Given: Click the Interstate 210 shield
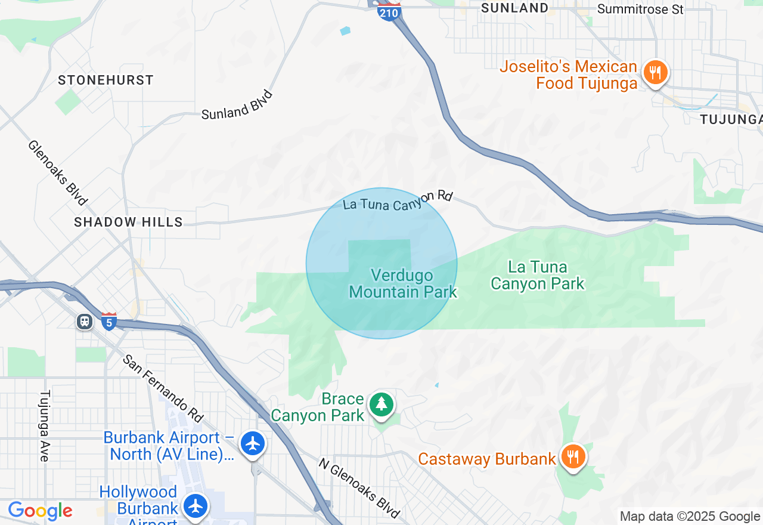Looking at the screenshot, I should point(389,11).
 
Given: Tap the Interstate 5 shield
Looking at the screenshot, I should point(108,322).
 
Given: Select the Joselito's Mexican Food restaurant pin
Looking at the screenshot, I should point(655,73).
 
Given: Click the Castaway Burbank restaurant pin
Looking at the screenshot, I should point(572,457).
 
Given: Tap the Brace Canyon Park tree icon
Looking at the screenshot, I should point(381,405).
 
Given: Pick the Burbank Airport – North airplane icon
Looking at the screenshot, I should point(253,444).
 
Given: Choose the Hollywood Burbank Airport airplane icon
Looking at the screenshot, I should point(195,506).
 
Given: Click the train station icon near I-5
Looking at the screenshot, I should point(85,322).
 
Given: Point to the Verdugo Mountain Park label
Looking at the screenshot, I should point(403,283).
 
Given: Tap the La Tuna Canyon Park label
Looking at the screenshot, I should point(538,275).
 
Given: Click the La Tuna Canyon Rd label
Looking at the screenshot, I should point(398,200).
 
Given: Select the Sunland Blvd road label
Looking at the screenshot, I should point(237,105).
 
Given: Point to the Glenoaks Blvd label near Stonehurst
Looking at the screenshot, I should point(58,172).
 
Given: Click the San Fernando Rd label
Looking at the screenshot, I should point(163,387).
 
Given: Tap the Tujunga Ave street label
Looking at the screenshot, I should point(45,425).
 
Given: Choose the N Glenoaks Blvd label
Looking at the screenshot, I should point(358,487).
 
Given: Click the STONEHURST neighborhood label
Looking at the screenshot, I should point(106,80).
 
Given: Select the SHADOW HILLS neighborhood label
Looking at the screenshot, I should point(128,222).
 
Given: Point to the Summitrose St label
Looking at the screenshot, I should point(640,9).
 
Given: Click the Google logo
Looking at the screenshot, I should point(40,511).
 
